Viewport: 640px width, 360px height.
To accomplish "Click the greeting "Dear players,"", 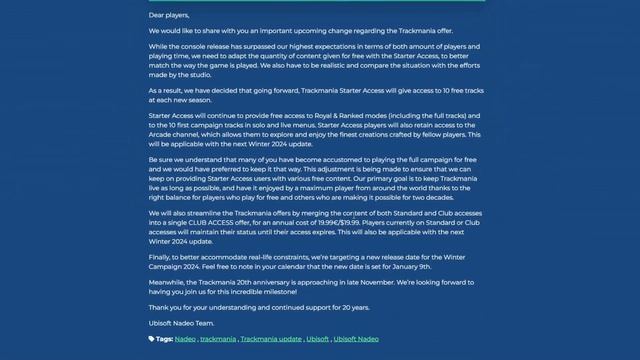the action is [x=169, y=16].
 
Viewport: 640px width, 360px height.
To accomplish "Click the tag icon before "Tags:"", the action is [x=152, y=339].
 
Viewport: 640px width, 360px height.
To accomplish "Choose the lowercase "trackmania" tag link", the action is [x=218, y=339].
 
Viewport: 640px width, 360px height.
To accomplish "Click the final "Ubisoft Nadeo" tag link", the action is [x=356, y=339].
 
